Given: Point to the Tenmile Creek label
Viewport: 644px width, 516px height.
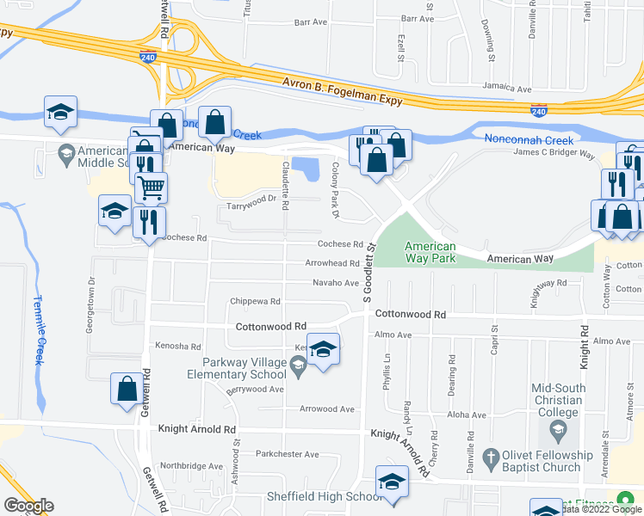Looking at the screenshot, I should coord(38,330).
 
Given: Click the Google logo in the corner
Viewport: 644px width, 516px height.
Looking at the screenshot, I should coord(28,505).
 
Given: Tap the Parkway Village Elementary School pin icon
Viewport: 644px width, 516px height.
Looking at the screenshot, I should coord(298,367).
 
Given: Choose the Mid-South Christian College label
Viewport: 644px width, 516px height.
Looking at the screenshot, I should coord(558,400).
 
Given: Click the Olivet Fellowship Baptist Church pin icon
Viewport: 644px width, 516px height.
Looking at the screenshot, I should coord(491,456).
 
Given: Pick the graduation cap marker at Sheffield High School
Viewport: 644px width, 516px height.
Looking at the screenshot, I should coord(392,482).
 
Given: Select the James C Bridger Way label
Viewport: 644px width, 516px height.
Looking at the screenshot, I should coord(554,154).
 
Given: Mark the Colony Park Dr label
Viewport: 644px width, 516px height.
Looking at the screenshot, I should coord(335,190).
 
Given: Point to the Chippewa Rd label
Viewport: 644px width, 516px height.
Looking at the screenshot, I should coord(256,302).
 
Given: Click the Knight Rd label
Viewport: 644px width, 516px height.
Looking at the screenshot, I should coord(584,347).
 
